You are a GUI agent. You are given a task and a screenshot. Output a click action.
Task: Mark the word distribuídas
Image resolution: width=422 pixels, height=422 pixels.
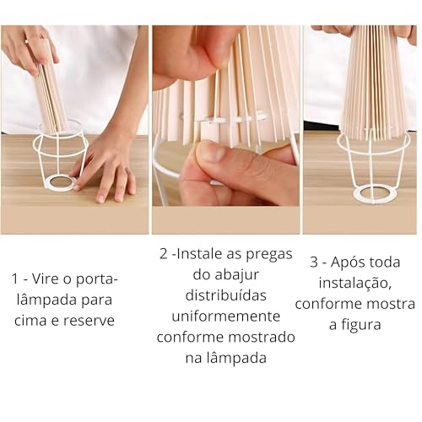[225, 295]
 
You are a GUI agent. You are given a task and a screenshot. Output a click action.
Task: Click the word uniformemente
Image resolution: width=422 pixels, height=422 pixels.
[225, 316]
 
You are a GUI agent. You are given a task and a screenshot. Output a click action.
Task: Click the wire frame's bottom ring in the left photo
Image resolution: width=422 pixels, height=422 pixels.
[61, 181]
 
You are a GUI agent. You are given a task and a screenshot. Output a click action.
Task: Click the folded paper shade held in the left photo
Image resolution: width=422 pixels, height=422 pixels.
[53, 97]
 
